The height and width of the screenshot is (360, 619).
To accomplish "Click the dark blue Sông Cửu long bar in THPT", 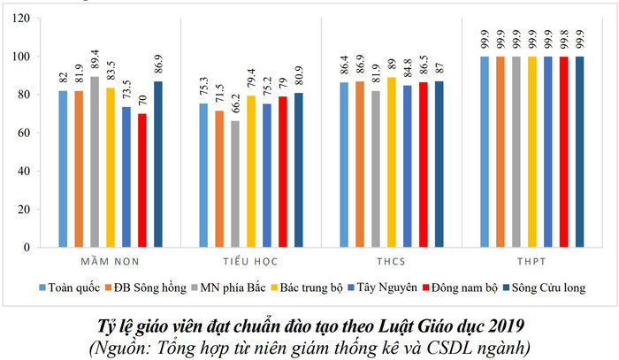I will click(579, 150).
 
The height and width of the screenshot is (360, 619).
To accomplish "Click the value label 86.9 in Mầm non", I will click(157, 66).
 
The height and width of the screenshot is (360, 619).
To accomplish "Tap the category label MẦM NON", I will click(110, 263).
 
